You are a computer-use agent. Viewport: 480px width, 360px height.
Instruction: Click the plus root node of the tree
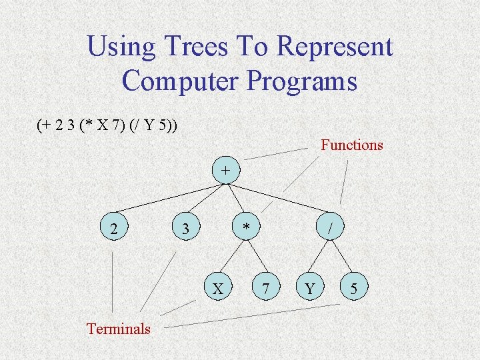(226, 170)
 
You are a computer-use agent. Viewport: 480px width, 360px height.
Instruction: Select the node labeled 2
(115, 229)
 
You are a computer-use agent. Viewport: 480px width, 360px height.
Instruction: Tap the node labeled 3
(187, 229)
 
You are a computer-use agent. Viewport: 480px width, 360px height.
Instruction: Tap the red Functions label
(352, 145)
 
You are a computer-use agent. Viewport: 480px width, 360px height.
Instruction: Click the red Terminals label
(119, 329)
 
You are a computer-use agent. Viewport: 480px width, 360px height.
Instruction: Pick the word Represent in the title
(334, 47)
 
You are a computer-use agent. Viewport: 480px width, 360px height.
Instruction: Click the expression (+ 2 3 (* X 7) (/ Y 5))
(107, 124)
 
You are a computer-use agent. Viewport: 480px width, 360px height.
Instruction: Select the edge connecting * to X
(233, 259)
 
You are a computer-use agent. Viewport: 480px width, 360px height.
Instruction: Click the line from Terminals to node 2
(113, 280)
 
